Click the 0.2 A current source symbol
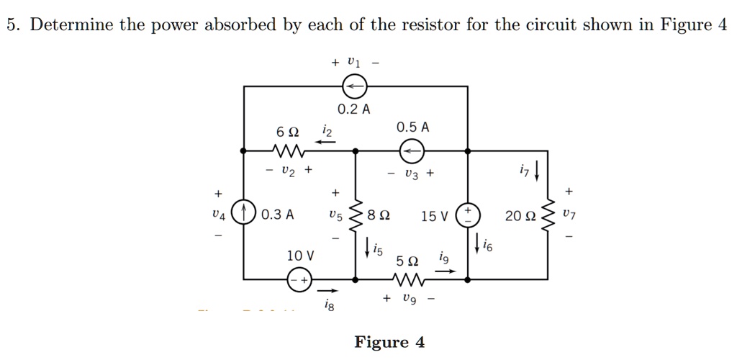tap(354, 87)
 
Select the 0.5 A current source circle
tap(412, 151)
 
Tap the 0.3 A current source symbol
tap(244, 215)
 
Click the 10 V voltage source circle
tap(299, 279)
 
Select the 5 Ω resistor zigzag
tap(411, 279)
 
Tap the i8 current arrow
tap(328, 292)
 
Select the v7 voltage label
tap(571, 215)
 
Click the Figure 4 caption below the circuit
tap(389, 342)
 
